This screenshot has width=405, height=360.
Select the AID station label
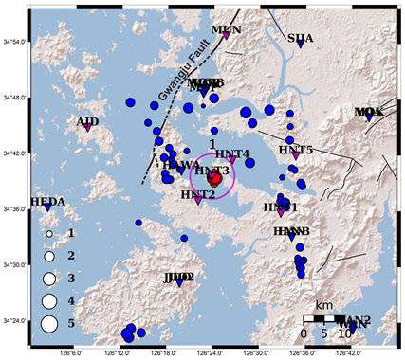pos(87,121)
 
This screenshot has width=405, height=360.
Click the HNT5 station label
pos(295,150)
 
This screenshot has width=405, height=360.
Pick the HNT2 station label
pos(197,195)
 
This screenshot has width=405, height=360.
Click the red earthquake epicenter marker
pos(215,178)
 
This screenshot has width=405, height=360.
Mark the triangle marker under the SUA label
pos(300,45)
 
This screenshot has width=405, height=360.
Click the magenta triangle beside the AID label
pos(87,128)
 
